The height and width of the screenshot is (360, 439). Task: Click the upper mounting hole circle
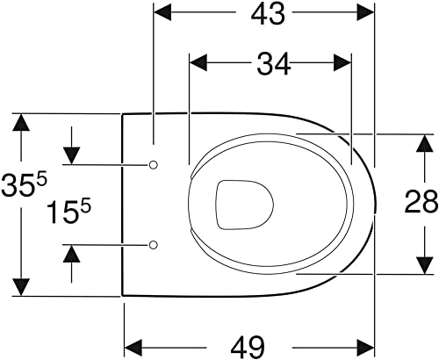point(154,164)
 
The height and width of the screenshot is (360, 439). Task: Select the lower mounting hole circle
point(154,243)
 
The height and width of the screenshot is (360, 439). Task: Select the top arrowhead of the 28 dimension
point(426,142)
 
